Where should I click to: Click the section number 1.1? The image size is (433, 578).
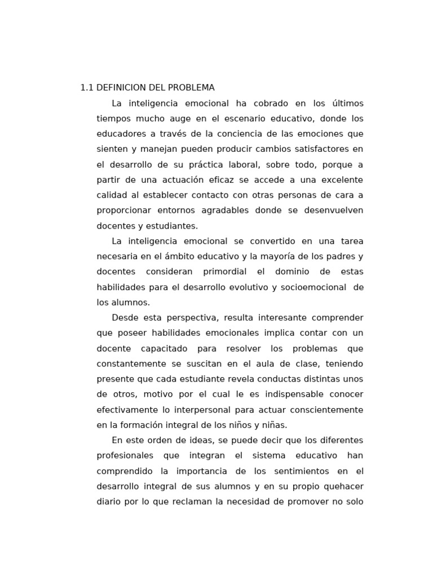[x=87, y=88]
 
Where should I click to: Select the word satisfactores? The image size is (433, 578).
[x=321, y=149]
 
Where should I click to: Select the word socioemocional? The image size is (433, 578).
[x=313, y=287]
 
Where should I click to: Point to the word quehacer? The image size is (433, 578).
[x=342, y=486]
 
